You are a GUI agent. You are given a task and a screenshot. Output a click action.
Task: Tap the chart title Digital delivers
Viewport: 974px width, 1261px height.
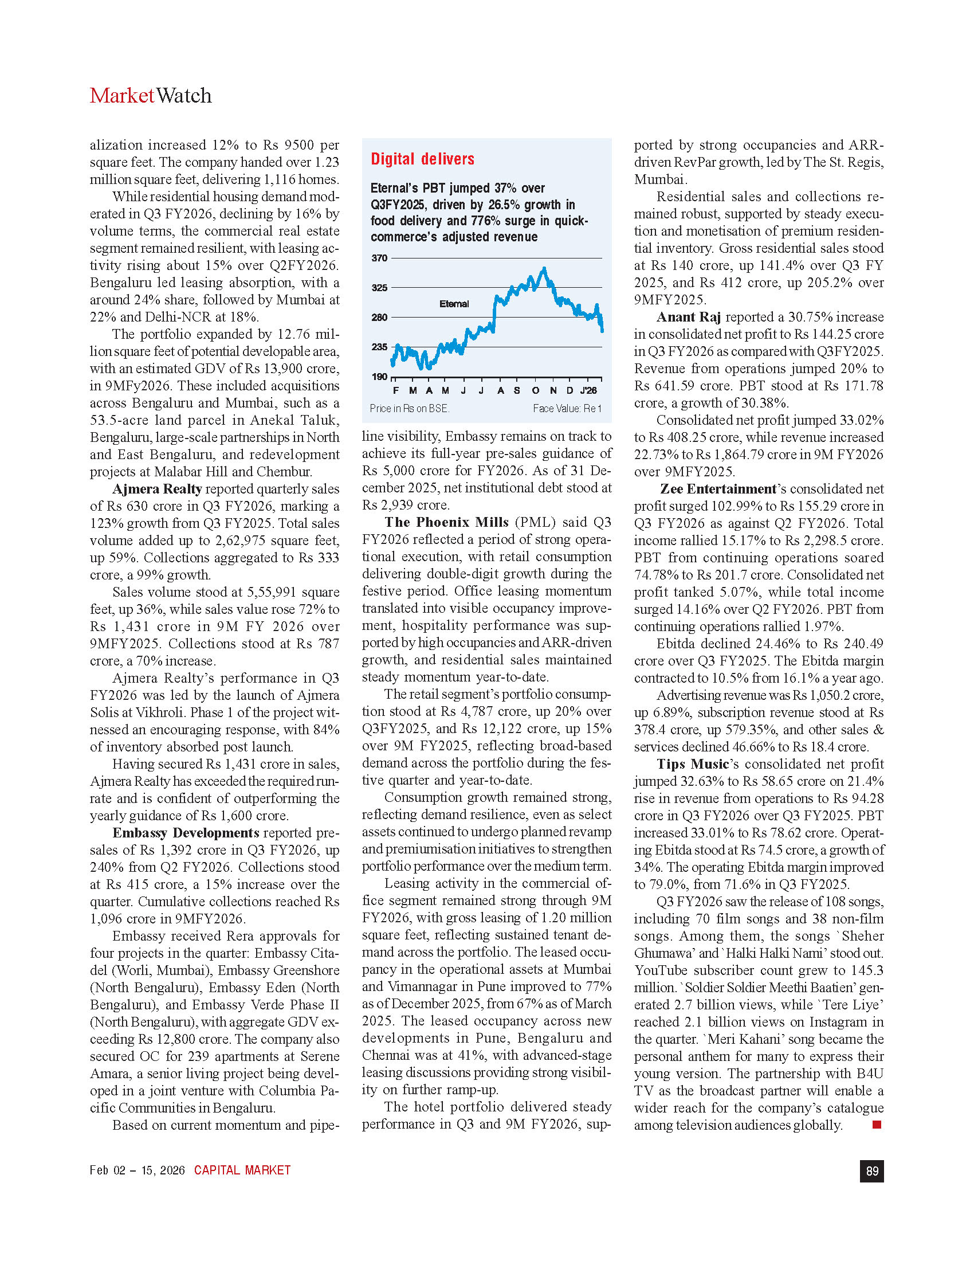(x=422, y=159)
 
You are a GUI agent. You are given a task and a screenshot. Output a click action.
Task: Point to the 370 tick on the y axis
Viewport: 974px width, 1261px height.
(x=379, y=258)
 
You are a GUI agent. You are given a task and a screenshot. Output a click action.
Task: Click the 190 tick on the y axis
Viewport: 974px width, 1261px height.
(x=379, y=377)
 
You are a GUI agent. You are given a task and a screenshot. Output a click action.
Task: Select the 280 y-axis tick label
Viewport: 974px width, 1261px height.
(x=379, y=318)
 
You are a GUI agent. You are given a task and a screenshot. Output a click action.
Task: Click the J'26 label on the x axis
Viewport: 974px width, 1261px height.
(x=588, y=391)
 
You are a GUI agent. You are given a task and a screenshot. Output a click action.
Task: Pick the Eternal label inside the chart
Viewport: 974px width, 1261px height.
(x=454, y=304)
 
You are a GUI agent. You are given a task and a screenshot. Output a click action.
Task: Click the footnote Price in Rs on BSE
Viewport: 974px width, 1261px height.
(x=409, y=409)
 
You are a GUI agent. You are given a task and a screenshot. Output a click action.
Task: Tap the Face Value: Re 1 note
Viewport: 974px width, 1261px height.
(x=567, y=409)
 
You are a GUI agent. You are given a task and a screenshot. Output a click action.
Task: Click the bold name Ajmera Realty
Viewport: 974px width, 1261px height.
(x=157, y=489)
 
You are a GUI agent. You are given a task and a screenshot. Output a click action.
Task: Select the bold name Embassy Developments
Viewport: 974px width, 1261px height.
(x=186, y=833)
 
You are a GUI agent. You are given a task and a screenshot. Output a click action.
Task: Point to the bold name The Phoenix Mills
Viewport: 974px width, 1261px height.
(x=447, y=523)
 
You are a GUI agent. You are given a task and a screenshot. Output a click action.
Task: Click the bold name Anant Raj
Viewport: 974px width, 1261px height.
(x=688, y=317)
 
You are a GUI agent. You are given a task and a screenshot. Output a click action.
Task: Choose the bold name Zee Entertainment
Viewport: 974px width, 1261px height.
(x=718, y=489)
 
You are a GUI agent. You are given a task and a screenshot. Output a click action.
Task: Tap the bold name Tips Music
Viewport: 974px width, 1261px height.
(x=693, y=765)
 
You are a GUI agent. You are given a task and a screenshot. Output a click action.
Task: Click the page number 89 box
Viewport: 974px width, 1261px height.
(x=872, y=1171)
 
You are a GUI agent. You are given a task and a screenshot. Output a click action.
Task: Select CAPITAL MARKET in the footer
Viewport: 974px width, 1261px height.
(x=242, y=1170)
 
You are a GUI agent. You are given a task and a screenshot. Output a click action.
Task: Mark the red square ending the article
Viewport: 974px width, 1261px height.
(x=877, y=1124)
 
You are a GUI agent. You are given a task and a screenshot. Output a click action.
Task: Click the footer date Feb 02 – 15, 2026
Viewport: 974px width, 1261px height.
(x=138, y=1170)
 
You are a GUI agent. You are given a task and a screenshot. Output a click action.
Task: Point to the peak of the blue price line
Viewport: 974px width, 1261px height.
(x=544, y=268)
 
